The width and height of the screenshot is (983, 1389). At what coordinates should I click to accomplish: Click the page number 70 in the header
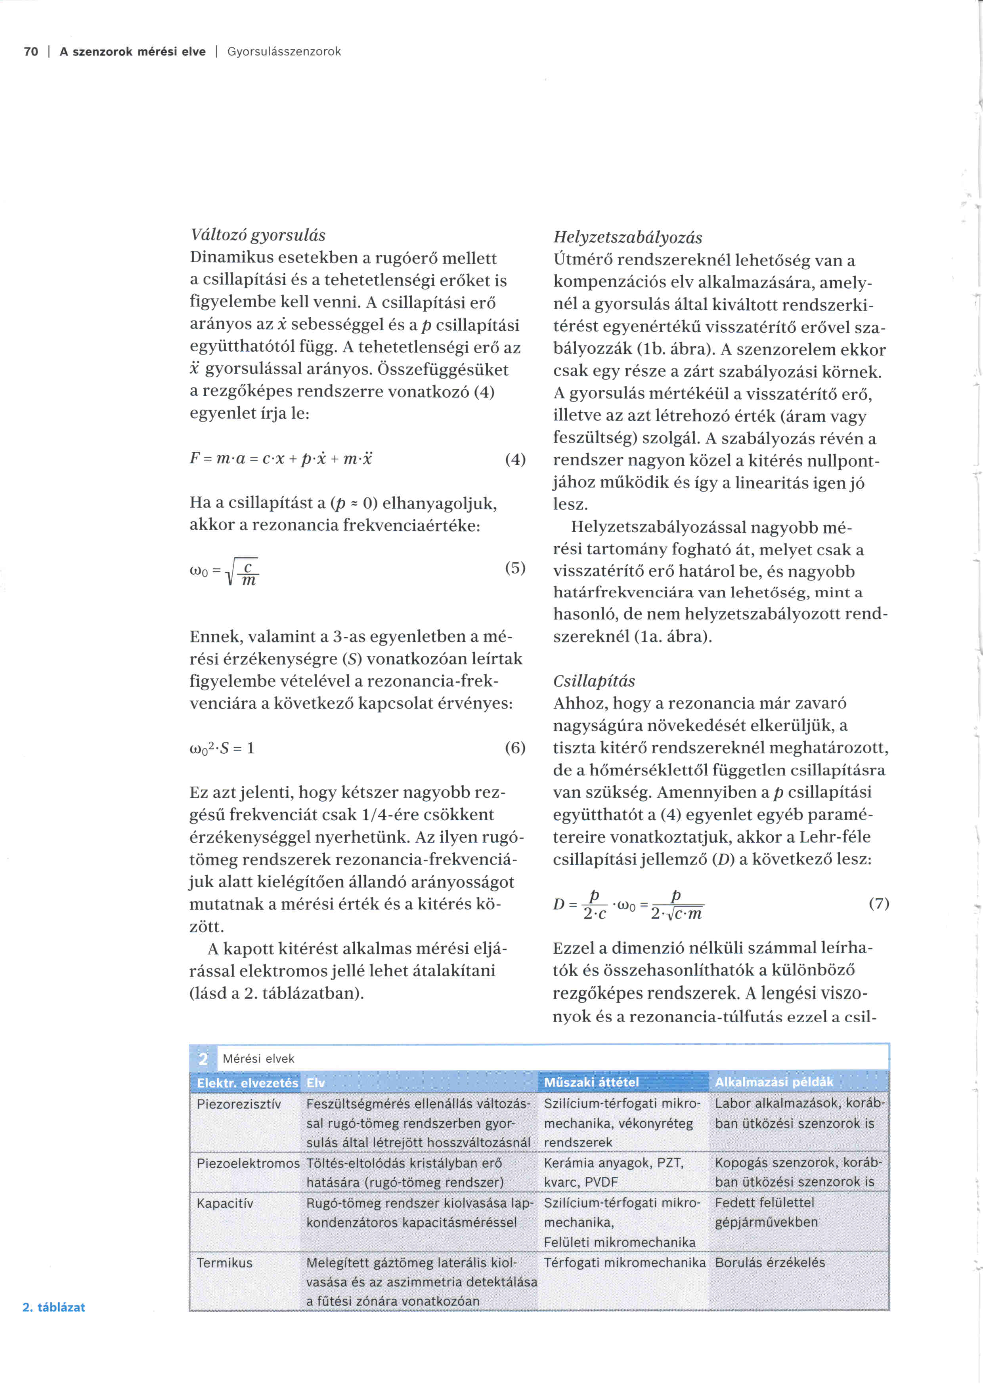31,52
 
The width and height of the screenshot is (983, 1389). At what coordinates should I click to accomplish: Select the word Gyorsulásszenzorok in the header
284,52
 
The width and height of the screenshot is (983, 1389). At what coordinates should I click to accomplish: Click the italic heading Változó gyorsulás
258,235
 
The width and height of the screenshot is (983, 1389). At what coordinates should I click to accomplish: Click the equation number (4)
515,459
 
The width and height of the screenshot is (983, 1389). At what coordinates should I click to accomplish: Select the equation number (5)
515,568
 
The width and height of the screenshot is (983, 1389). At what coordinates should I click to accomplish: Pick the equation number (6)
515,748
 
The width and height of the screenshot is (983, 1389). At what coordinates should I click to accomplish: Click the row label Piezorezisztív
239,1104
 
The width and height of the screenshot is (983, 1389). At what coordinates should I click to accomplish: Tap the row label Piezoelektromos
248,1163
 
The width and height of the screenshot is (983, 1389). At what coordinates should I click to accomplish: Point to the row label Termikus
224,1263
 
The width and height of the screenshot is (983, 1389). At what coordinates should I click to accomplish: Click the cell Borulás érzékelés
770,1263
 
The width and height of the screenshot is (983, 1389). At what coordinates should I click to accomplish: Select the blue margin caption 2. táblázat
54,1307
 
